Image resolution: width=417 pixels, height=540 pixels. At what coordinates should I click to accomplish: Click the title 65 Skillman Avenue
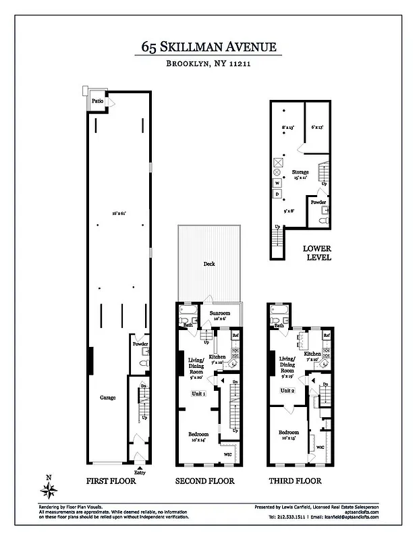(x=208, y=47)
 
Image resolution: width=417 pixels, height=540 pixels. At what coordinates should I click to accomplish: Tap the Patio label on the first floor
(x=98, y=101)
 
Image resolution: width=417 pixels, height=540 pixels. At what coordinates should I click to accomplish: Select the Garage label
(x=107, y=398)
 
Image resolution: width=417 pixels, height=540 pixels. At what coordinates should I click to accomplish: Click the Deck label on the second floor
(x=209, y=264)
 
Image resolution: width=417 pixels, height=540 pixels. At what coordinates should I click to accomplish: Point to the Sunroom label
(x=220, y=314)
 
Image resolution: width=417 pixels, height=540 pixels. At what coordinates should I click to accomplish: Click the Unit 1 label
(x=199, y=394)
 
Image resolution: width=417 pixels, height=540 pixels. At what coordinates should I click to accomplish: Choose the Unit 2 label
(x=288, y=391)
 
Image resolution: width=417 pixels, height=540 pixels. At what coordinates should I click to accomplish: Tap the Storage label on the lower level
(x=300, y=173)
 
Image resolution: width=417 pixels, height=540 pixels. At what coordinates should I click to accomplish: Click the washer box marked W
(x=277, y=183)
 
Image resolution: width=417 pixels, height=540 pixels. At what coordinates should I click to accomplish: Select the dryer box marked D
(x=277, y=194)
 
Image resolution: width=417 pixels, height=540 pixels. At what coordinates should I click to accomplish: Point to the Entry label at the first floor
(x=140, y=473)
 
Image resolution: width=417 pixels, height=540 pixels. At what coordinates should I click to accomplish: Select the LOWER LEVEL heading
(x=316, y=252)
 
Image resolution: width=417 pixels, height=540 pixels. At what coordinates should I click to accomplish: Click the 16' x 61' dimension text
(x=120, y=213)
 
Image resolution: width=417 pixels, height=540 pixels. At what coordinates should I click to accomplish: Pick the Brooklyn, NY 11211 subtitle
(x=208, y=64)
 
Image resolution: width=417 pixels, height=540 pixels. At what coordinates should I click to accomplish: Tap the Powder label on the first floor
(x=140, y=344)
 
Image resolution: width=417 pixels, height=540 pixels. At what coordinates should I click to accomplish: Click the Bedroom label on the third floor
(x=289, y=432)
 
